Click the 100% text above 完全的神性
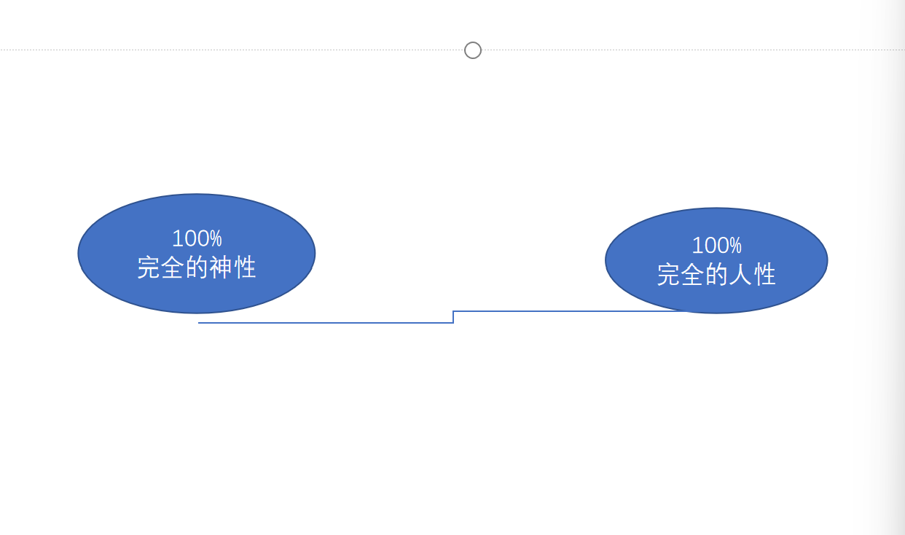click(197, 238)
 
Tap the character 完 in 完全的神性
click(149, 267)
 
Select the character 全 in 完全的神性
click(173, 267)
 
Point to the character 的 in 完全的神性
click(197, 267)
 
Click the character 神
click(221, 267)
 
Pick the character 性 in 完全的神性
click(245, 267)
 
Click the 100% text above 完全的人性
click(717, 246)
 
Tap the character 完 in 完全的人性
click(669, 275)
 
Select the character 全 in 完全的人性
click(692, 275)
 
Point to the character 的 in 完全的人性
click(717, 275)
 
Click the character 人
click(740, 275)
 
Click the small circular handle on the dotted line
click(473, 50)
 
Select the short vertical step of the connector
click(453, 317)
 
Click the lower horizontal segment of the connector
click(326, 323)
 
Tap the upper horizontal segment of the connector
click(570, 311)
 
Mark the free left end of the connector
click(198, 323)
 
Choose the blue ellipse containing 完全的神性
click(196, 254)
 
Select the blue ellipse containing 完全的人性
click(716, 260)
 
